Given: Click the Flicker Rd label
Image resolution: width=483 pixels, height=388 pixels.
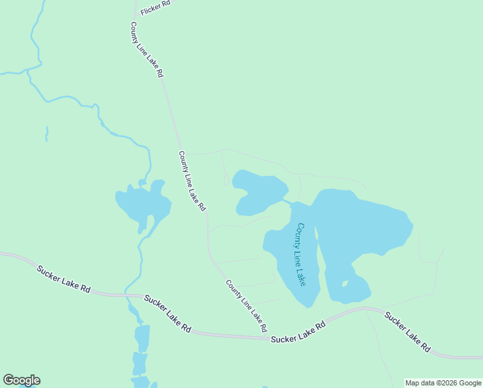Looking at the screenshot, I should pos(155,8).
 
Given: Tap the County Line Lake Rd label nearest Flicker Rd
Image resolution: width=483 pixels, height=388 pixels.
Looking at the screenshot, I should pos(147,50).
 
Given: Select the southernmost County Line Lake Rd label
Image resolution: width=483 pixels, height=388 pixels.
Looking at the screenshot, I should pos(246,306).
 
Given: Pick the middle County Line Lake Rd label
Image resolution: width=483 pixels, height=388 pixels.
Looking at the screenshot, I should pos(192,181).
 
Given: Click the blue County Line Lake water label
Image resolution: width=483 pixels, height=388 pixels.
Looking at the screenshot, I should pos(301,255).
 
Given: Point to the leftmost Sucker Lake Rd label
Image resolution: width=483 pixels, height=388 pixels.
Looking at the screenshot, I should pos(63,279).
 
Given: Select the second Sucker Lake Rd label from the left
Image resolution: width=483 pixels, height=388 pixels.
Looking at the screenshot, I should pos(168,314).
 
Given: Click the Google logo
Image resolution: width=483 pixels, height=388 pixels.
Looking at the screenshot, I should pos(21,380).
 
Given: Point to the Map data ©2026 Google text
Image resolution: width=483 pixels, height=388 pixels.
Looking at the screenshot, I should pos(443,383).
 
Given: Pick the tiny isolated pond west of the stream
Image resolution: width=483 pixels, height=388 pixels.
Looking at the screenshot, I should pos(46,133).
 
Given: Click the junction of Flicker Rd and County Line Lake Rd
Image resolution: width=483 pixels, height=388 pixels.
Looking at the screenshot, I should pos(136,16).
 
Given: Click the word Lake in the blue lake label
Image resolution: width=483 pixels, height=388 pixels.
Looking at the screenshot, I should pos(301,277).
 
